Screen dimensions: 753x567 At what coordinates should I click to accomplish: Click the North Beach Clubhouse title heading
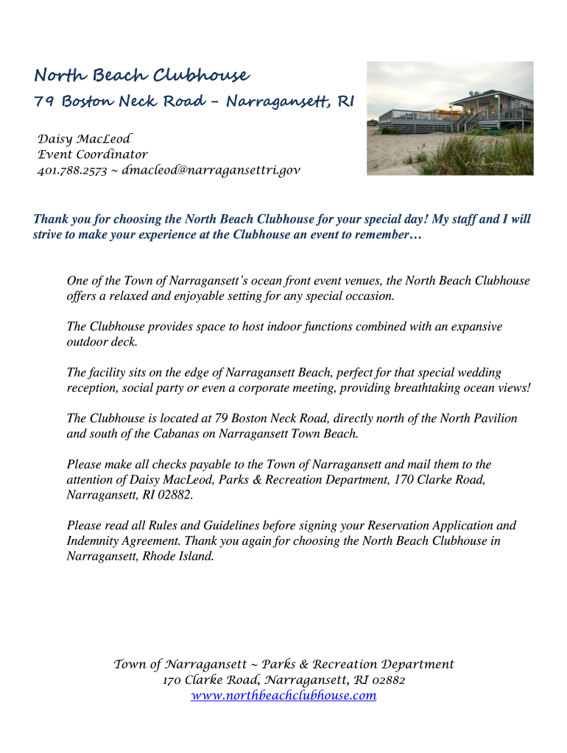point(141,76)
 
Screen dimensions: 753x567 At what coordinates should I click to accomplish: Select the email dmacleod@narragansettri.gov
point(211,171)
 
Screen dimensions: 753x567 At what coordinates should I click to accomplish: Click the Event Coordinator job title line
point(93,154)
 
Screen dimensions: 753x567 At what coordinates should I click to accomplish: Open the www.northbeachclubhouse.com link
point(283,695)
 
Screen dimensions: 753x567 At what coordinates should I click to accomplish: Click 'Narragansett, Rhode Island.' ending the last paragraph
point(140,556)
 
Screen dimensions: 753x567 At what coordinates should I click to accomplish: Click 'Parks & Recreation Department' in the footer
point(358,664)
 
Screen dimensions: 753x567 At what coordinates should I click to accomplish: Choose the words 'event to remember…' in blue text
point(370,235)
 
